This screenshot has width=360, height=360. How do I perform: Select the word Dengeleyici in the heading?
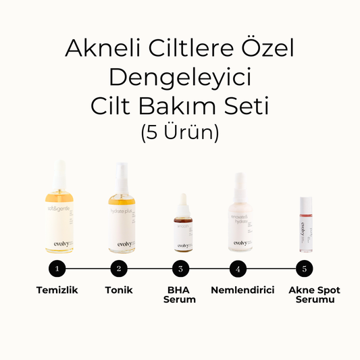point(180,78)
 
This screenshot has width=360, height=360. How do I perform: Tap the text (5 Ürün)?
point(180,132)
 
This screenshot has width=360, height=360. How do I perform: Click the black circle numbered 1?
point(58,268)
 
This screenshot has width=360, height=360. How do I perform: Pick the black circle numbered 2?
point(119,268)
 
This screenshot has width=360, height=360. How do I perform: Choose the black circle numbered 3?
point(180,268)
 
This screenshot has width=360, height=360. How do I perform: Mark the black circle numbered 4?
point(238,268)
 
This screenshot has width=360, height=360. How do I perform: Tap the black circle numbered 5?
point(305,268)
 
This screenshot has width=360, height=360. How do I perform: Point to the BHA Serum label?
point(180,294)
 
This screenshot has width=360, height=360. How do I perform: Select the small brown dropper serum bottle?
point(182,233)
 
